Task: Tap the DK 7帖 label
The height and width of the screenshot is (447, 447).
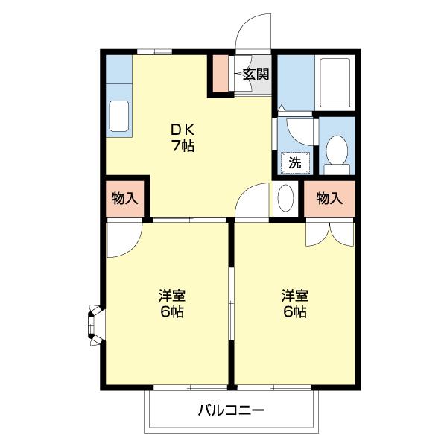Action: tap(183, 137)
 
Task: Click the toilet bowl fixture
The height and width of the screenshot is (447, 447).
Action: tap(337, 151)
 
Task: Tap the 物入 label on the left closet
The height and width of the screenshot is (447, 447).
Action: tap(124, 198)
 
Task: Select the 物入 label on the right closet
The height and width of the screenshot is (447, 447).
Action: tap(329, 198)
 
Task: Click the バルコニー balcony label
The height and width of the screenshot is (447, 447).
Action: tap(232, 410)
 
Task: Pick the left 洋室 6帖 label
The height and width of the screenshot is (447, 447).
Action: tap(171, 302)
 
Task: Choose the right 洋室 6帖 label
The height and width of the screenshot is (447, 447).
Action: tap(294, 302)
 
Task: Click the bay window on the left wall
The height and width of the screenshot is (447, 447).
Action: tap(95, 323)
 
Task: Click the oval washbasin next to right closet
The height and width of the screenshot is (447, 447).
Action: tap(285, 199)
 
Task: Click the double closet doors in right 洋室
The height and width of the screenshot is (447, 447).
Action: tap(329, 232)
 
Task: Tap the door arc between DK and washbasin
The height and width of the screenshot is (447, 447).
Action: tap(252, 199)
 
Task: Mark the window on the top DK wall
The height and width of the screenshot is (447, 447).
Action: tap(155, 52)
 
